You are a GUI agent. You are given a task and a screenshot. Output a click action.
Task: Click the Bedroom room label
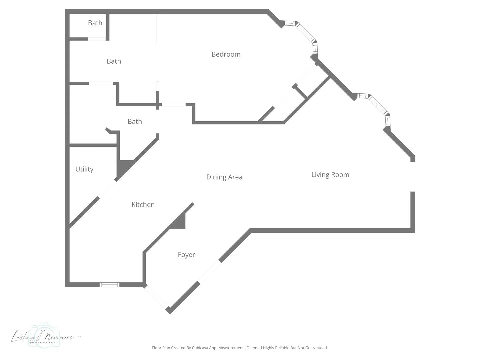226,54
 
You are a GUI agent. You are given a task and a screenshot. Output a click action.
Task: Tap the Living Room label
330,175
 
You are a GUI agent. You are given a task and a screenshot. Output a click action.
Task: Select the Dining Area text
224,177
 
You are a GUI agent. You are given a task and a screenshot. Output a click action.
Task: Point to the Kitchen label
143,205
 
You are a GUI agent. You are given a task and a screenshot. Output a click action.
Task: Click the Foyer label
186,255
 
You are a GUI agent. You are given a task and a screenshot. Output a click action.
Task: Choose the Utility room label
84,169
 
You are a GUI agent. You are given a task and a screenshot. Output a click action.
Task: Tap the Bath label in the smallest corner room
95,23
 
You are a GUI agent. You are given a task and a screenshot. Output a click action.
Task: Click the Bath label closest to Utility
135,122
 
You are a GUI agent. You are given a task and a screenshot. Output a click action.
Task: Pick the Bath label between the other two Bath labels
114,61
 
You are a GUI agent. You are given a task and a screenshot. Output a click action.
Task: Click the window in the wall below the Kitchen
110,285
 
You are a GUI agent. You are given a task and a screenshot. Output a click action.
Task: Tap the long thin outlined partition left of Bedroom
157,29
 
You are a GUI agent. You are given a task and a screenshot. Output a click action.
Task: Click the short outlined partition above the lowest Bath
157,86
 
